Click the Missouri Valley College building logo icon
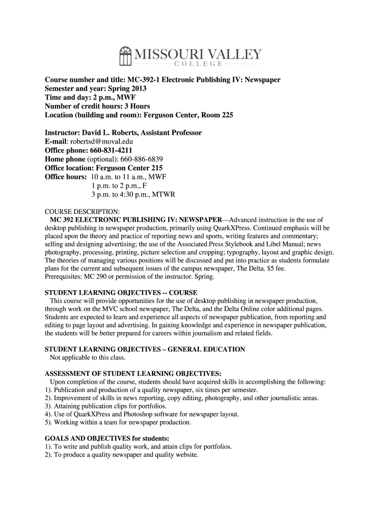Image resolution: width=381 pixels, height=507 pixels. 126,56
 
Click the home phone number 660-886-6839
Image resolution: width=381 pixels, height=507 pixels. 132,159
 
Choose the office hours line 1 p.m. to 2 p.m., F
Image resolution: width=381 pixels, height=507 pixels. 119,186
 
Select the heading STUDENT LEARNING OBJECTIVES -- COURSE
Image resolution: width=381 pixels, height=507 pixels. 121,292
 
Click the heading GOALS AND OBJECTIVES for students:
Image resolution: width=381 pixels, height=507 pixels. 107,438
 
